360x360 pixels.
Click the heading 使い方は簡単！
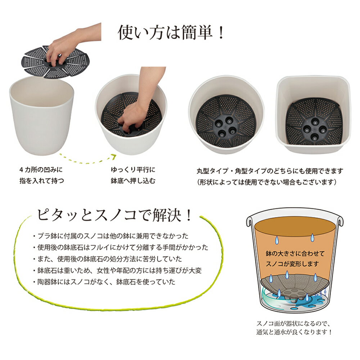coord(171,32)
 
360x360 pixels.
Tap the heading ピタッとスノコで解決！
coord(114,215)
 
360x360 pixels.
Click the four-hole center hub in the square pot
coord(314,129)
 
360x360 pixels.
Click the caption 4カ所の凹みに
coord(41,170)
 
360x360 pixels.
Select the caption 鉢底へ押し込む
coord(133,181)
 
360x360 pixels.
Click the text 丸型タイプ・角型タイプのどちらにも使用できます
coord(270,171)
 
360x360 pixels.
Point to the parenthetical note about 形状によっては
coord(266,182)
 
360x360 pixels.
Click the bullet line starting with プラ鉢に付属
coord(111,236)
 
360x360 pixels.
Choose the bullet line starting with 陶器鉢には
coord(104,282)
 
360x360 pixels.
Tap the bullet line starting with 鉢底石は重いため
coord(117,270)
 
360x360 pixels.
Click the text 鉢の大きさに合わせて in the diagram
coord(295,253)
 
